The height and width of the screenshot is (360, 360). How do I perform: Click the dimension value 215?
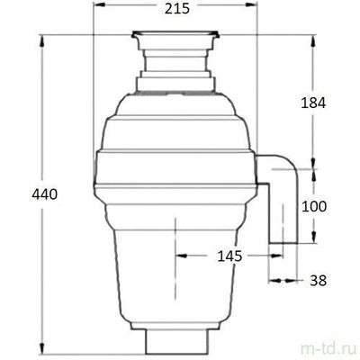(x=175, y=13)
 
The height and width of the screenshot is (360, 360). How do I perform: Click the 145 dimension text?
(x=229, y=256)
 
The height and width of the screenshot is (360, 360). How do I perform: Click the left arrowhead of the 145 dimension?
(x=179, y=256)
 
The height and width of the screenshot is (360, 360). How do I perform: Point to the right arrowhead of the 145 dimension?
(x=278, y=256)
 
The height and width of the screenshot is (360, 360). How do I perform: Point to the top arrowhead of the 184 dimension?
(x=315, y=38)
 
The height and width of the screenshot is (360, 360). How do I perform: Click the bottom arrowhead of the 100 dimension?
(x=315, y=240)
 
